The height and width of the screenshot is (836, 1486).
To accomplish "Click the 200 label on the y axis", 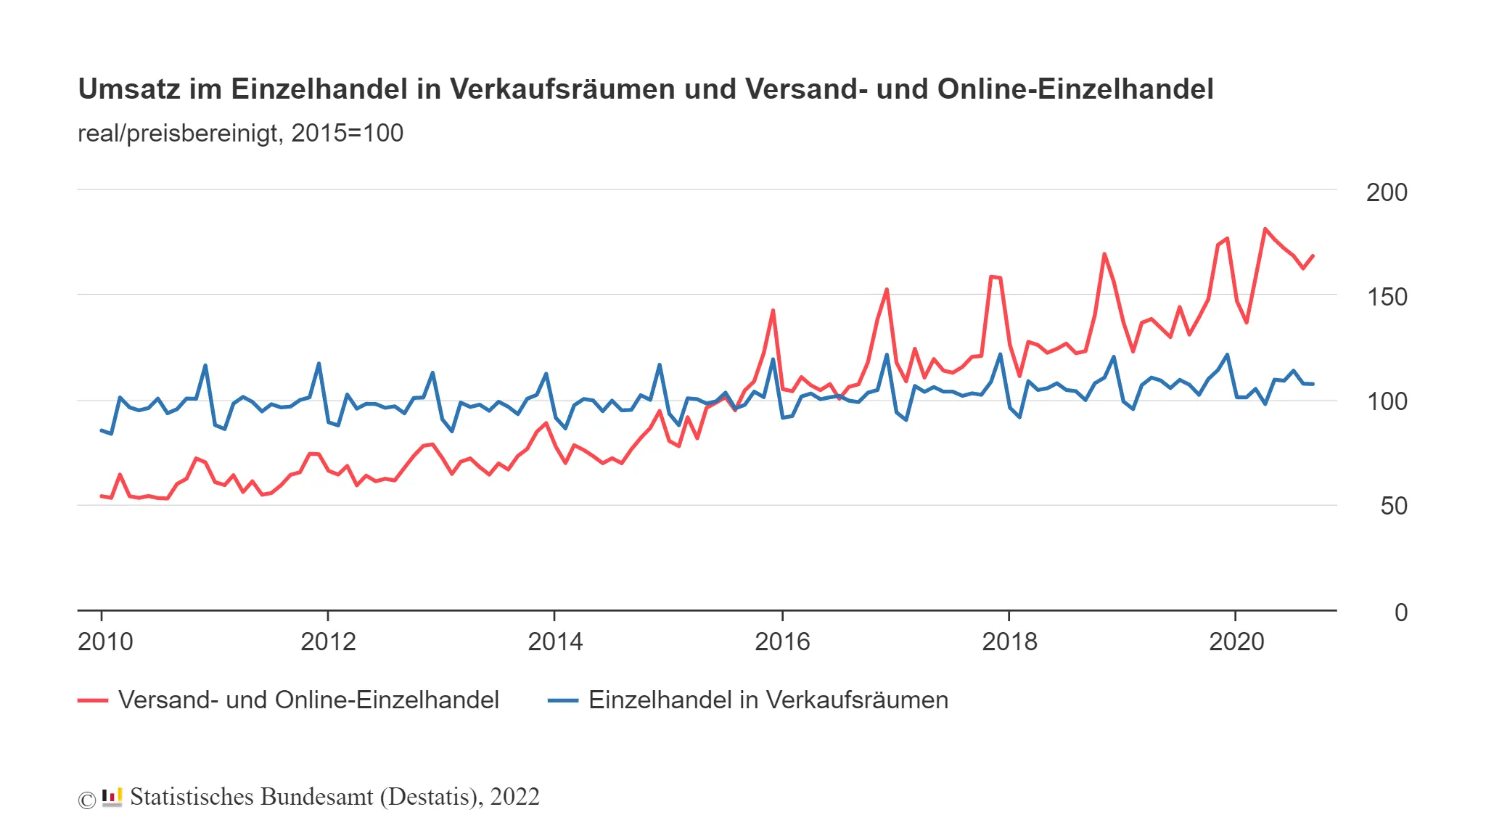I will pos(1386,192).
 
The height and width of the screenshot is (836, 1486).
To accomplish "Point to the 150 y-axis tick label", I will pos(1386,297).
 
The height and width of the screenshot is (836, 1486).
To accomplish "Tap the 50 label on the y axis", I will pos(1393,506).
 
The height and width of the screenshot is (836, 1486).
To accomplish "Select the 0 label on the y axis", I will pos(1400,612).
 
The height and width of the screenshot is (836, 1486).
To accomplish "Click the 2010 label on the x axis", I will pos(105,642).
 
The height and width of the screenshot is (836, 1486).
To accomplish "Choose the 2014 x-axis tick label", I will pos(555,642).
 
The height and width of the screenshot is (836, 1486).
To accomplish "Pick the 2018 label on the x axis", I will pos(1009,642).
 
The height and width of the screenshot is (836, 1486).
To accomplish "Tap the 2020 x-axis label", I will pos(1236,642).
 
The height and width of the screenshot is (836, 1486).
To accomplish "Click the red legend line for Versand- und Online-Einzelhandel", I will pos(93,700).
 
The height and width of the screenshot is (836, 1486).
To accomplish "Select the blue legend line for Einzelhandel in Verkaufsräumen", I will pos(562,700).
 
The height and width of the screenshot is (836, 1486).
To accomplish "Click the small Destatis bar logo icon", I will pos(112,797).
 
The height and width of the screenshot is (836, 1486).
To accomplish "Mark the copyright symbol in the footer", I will pos(86,800).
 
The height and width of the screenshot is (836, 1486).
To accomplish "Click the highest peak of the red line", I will pos(1265,229).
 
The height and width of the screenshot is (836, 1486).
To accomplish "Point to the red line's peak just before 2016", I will pos(773,311).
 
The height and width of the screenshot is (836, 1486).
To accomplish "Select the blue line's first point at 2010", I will pos(102,430).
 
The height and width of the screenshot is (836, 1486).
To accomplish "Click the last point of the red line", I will pos(1313,255).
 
